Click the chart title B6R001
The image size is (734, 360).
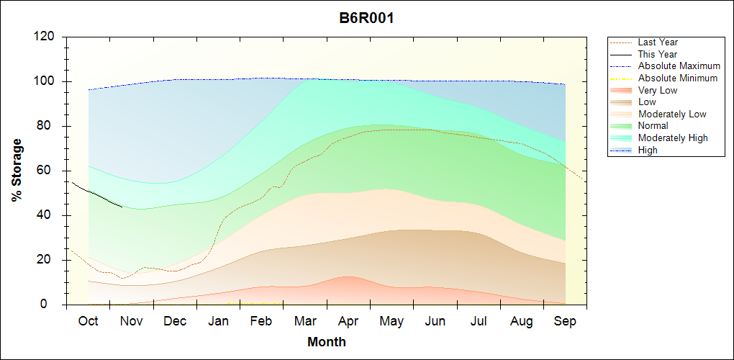point(366,18)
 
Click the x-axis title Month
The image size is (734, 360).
point(327,342)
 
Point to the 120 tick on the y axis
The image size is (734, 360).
point(47,37)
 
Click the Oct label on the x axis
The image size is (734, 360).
point(88,321)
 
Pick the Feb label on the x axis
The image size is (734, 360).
point(261,321)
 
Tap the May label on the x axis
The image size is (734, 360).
point(391,321)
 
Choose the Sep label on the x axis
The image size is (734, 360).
point(565,321)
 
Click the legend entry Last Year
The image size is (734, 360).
point(658,42)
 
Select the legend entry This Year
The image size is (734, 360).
point(658,54)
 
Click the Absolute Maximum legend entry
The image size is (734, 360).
point(679,66)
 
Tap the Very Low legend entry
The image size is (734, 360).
point(658,90)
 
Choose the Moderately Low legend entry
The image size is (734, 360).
point(672,114)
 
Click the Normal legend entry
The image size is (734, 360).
point(653,126)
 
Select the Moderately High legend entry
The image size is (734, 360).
point(673,138)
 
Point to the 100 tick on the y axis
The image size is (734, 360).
point(47,81)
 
